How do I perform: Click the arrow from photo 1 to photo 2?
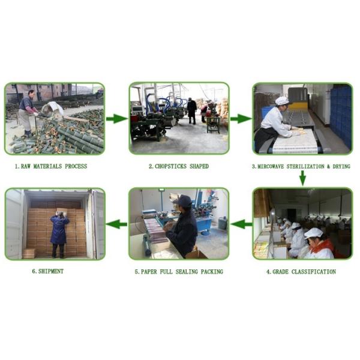click(x=117, y=119)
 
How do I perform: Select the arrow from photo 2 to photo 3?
click(x=241, y=119)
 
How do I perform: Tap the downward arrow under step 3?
click(x=303, y=178)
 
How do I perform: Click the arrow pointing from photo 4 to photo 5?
click(x=241, y=224)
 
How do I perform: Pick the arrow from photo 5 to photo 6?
click(x=117, y=224)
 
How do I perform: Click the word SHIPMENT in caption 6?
click(x=51, y=271)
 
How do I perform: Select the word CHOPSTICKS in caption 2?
click(x=170, y=166)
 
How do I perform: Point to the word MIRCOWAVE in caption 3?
click(x=271, y=166)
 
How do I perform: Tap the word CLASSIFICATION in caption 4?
click(x=314, y=272)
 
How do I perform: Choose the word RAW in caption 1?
click(x=25, y=166)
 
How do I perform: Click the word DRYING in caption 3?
click(x=341, y=166)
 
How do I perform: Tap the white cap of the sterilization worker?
click(x=282, y=101)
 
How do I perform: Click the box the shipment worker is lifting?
click(x=62, y=211)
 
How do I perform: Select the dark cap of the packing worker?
click(x=185, y=200)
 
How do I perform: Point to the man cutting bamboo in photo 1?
click(x=27, y=113)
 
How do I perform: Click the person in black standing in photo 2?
click(x=192, y=111)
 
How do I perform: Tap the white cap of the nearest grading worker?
click(x=313, y=233)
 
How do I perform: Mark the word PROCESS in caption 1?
click(x=76, y=166)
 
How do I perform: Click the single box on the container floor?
click(x=29, y=253)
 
